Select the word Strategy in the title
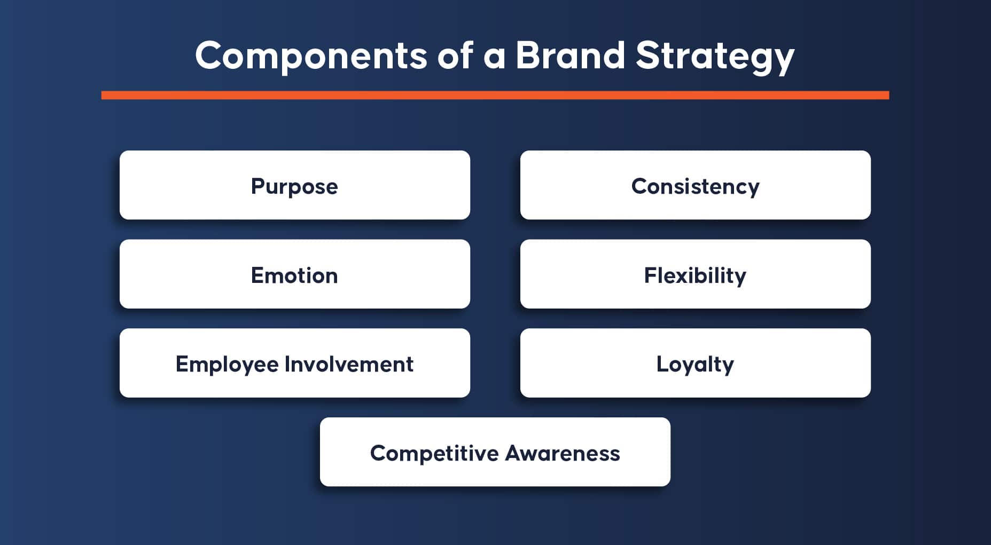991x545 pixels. coord(715,57)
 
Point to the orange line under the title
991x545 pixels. coord(495,95)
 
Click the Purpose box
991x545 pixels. coord(295,185)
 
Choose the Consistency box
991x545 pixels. coord(696,185)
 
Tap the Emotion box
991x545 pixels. coord(295,274)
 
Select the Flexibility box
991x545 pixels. coord(696,274)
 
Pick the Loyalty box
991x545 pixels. coord(696,363)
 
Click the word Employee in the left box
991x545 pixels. coord(227,365)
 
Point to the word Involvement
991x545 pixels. coord(349,364)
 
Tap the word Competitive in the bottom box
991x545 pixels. coord(434,454)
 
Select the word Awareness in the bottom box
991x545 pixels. coord(563,453)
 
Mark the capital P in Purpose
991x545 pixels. coord(258,186)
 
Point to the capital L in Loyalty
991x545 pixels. coord(662,364)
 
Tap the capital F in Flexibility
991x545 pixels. coord(650,275)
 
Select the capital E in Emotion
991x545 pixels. coord(257,275)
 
